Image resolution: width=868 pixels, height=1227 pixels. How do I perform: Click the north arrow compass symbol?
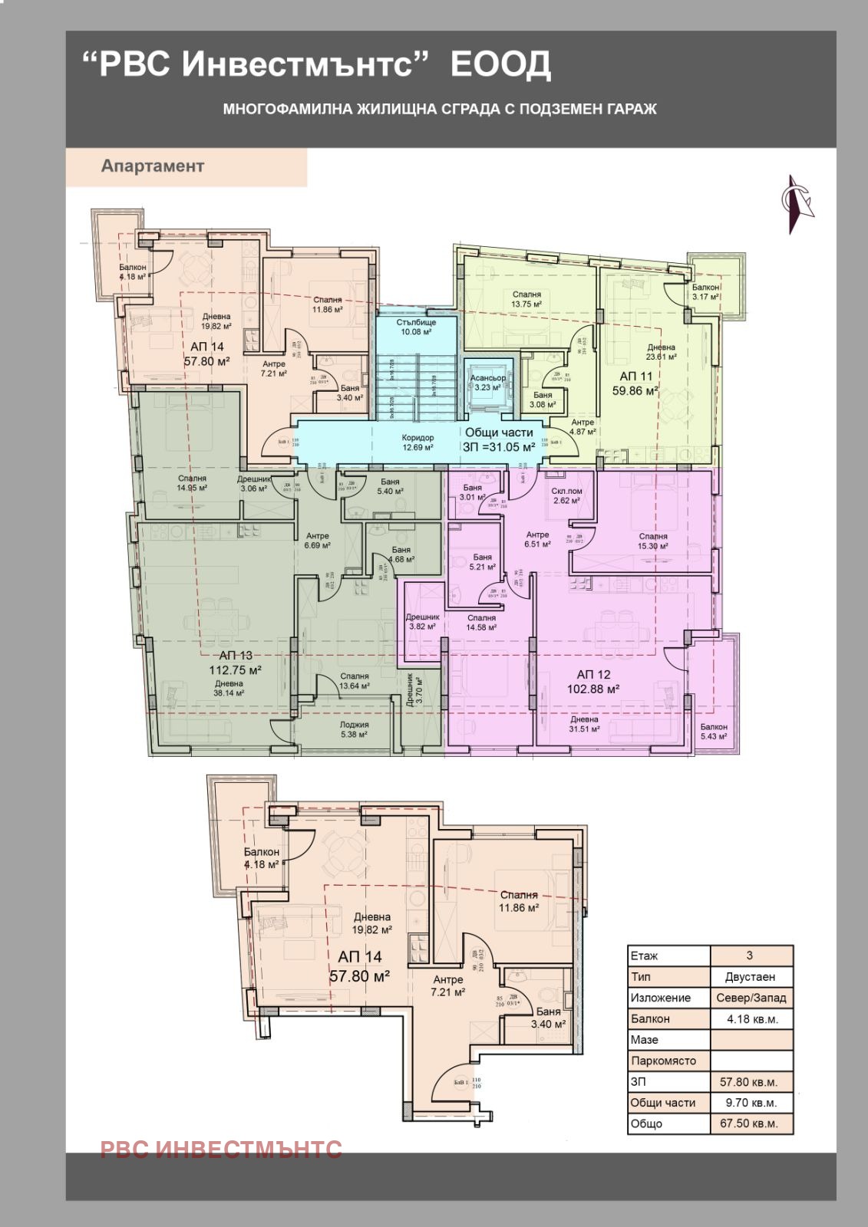[797, 204]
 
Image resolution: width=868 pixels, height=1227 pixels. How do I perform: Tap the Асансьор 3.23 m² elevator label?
[487, 383]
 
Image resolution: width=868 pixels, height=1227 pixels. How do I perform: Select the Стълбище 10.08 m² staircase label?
[416, 327]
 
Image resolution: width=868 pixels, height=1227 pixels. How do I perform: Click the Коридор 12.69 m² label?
[417, 442]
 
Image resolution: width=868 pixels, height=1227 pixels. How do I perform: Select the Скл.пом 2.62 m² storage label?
[566, 495]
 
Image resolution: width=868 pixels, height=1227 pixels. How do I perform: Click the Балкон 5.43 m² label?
[714, 732]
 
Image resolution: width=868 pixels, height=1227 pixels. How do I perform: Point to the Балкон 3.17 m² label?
[705, 292]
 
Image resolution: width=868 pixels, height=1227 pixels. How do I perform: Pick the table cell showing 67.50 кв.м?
[748, 1123]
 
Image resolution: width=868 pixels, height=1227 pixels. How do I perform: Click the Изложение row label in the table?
[660, 998]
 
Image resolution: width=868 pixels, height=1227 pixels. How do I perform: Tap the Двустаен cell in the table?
[750, 977]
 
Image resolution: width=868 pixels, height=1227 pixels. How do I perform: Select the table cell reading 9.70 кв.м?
[748, 1103]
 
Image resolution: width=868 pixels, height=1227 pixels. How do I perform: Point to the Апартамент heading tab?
[153, 166]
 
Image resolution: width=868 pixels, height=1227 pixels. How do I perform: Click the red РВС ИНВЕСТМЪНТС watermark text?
[221, 1149]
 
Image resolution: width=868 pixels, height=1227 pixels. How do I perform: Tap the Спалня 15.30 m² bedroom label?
[652, 541]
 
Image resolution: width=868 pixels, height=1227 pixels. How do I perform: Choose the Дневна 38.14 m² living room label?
[229, 688]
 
